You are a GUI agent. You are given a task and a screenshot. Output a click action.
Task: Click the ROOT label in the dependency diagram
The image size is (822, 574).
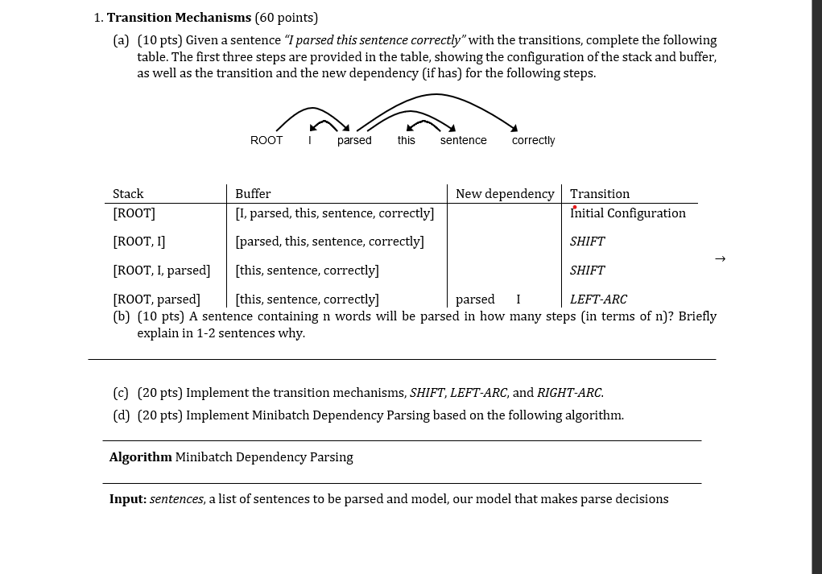(x=266, y=140)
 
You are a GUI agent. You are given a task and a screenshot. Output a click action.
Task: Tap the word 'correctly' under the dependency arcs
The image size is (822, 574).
(x=533, y=140)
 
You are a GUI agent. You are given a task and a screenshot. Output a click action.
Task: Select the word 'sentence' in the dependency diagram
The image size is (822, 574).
(x=463, y=140)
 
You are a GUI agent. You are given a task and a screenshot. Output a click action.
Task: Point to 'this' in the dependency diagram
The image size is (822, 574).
(x=407, y=140)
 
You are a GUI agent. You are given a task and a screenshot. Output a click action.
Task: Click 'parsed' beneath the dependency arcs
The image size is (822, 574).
(x=354, y=140)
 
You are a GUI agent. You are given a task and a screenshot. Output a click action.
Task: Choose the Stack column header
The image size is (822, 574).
(x=128, y=193)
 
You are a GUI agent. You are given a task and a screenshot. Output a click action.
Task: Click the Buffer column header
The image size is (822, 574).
(x=253, y=193)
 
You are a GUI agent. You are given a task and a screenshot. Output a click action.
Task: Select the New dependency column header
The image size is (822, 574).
(x=505, y=193)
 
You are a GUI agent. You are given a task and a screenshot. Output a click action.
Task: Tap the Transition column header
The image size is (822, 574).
(x=600, y=193)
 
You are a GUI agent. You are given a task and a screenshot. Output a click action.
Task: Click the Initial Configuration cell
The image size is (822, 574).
(x=628, y=213)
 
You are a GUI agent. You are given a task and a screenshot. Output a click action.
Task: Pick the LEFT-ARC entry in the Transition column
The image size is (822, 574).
(x=598, y=299)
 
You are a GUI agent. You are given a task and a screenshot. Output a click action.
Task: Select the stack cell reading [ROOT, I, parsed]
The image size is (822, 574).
(x=162, y=270)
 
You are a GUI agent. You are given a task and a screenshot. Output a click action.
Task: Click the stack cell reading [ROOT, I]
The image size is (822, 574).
(x=139, y=242)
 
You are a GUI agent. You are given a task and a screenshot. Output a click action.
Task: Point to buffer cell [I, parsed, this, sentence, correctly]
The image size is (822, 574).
(x=335, y=213)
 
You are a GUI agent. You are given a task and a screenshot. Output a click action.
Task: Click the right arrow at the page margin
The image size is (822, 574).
(x=720, y=258)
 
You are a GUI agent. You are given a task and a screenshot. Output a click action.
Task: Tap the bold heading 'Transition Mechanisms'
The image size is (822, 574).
(x=179, y=18)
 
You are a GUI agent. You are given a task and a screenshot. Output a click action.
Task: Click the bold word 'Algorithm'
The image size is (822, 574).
(x=141, y=457)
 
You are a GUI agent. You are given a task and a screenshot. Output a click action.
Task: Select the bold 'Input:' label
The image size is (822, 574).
(x=128, y=499)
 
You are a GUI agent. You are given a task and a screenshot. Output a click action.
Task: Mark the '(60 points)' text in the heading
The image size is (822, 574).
(x=287, y=18)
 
